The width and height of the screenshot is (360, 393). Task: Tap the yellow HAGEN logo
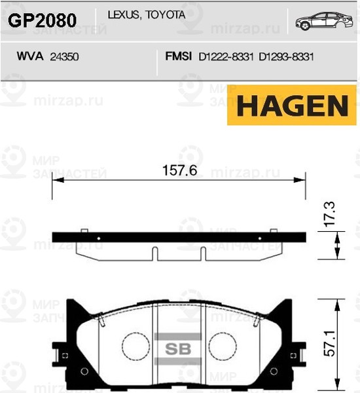pyautogui.click(x=291, y=107)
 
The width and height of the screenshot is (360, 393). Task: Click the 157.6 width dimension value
pyautogui.click(x=179, y=171)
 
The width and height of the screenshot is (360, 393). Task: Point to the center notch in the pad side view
pyautogui.click(x=155, y=253)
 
